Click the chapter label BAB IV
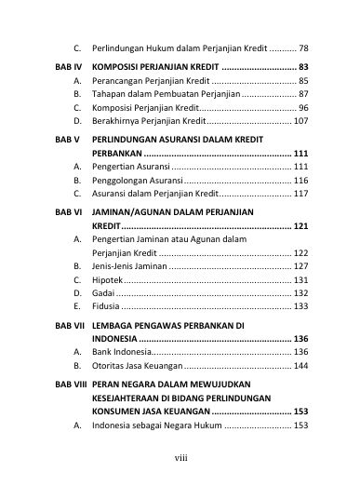click(x=67, y=68)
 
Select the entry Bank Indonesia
click(x=120, y=352)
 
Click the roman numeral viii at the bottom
click(x=180, y=456)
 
